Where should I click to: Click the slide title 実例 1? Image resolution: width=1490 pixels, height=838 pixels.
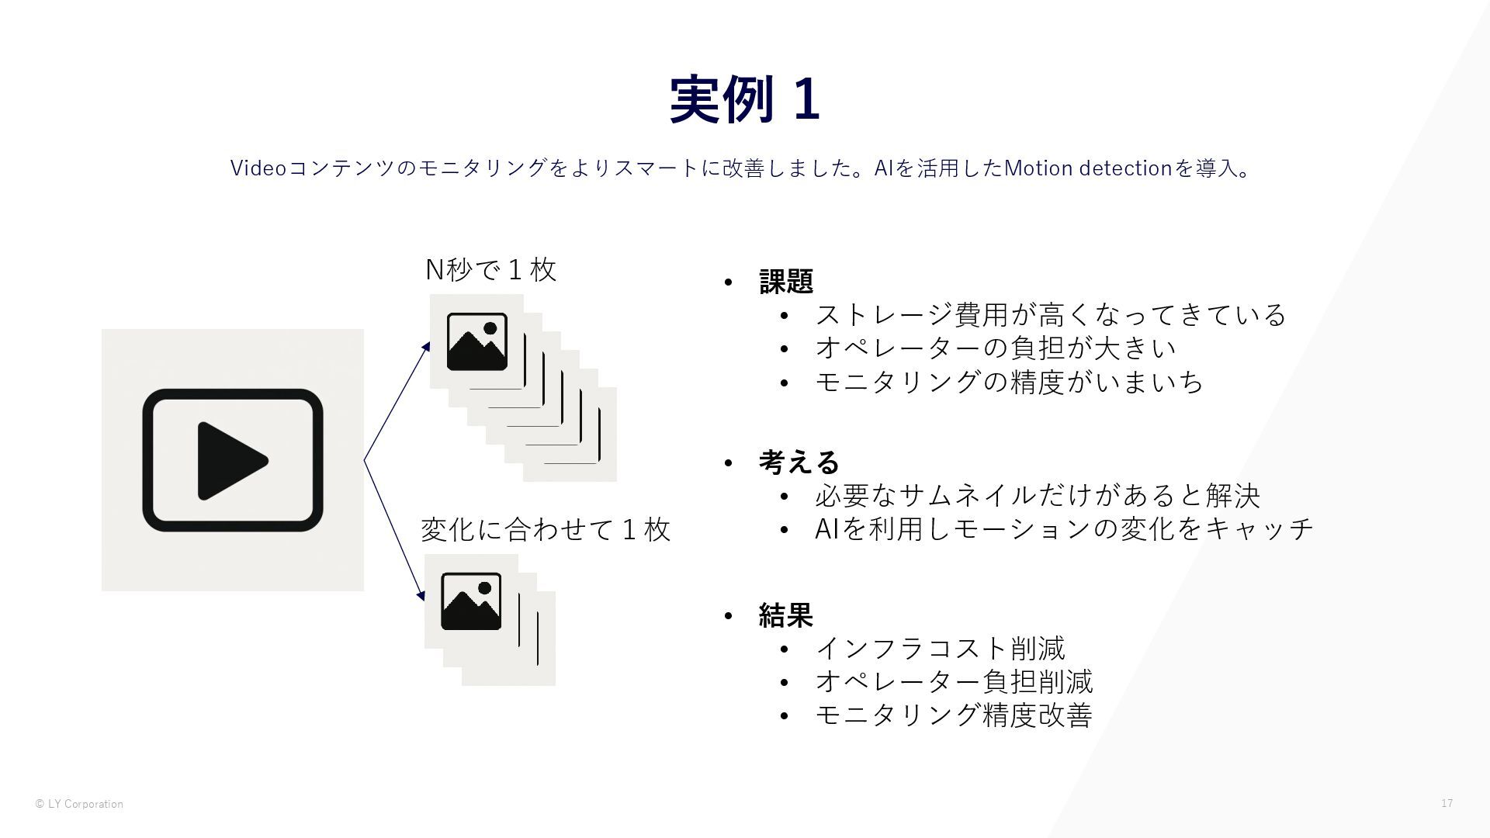click(744, 99)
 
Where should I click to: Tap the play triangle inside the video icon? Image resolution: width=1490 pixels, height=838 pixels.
click(230, 461)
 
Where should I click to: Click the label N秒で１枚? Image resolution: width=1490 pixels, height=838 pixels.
click(491, 270)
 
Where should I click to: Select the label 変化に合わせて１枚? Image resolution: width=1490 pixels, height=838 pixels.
click(545, 529)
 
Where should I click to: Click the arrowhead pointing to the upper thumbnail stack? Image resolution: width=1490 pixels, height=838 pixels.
click(425, 347)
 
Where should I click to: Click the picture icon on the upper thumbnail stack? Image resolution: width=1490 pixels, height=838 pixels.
click(476, 341)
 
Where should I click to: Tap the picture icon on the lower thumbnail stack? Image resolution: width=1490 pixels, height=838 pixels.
click(471, 601)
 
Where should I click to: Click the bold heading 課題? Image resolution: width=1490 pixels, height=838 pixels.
click(785, 281)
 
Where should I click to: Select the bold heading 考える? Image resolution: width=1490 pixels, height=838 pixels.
click(799, 462)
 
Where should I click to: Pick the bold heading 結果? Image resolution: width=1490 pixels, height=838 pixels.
click(785, 615)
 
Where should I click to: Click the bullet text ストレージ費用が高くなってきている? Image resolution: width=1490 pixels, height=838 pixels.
click(1050, 314)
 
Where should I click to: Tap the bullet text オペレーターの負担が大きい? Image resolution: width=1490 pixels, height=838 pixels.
click(995, 348)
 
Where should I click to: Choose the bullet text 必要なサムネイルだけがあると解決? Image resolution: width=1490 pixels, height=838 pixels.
click(1038, 495)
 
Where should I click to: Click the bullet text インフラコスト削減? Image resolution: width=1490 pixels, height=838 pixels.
click(940, 648)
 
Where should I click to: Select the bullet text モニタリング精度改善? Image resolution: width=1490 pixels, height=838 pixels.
click(954, 715)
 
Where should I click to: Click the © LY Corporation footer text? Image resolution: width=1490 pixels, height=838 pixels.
click(79, 804)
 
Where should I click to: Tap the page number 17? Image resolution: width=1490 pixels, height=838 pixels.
click(1447, 803)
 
